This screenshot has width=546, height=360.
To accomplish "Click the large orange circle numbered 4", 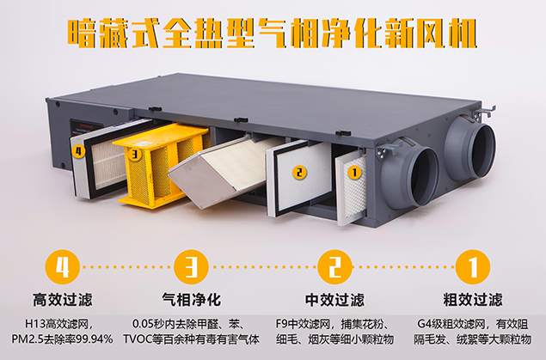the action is coord(63,267).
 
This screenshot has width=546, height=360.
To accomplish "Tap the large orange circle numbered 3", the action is coord(191,267).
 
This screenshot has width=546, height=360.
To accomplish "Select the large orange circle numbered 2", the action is coord(334,267).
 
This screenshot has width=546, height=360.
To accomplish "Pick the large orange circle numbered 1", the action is coord(473,267).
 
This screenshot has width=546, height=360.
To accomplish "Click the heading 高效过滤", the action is coord(63,300).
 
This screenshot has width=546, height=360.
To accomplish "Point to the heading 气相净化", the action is coord(191,300).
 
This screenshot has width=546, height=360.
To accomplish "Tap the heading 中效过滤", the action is coord(334,300).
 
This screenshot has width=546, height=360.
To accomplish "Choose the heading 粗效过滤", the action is coord(473,300).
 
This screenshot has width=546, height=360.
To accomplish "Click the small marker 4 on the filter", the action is coord(78,151).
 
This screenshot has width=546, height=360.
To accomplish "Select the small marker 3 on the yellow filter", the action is coord(135,154).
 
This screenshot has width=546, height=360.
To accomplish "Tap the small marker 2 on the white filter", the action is coord(299,172).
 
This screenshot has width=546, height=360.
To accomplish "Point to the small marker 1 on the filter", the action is coord(354,172).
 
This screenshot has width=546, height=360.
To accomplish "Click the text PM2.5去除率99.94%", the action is coord(62,339).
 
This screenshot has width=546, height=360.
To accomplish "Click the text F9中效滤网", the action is coord(303,325).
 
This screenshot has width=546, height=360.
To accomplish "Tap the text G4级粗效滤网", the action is coord(451,325).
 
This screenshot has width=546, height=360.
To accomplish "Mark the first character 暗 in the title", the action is coord(83,34).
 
